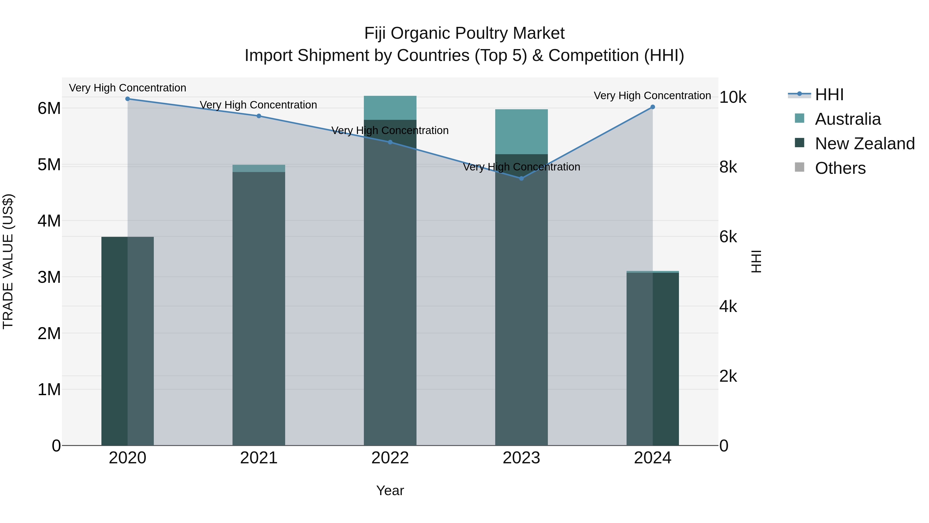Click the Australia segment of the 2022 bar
click(390, 107)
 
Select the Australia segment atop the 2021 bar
click(259, 168)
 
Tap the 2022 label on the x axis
click(390, 458)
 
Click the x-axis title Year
click(390, 490)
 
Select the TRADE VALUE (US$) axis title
click(8, 261)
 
